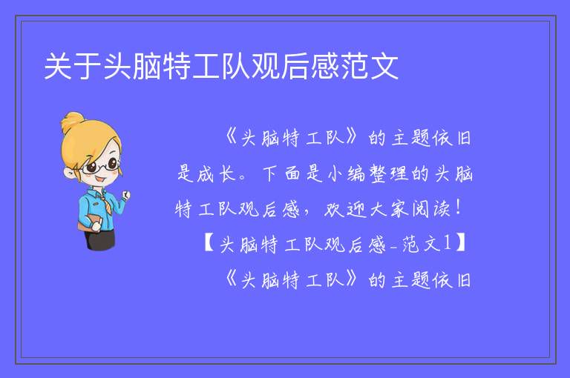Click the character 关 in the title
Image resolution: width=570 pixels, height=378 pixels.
point(57,66)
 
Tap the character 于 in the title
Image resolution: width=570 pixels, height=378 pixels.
point(88,66)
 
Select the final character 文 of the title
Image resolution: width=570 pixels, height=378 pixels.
point(384,66)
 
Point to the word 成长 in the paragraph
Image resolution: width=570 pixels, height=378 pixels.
point(217,174)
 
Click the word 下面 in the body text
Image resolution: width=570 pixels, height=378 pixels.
point(281,173)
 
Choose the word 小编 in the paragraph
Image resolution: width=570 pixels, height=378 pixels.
point(345,173)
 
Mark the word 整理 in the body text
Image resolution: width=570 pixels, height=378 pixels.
point(388,173)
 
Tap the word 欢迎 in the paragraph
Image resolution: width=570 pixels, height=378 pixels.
point(344,210)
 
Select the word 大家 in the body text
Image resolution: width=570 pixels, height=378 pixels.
point(388,210)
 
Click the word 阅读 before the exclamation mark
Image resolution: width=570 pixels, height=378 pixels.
point(431,210)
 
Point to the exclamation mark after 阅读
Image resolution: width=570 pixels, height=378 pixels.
point(459,208)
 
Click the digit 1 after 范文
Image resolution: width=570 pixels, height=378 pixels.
point(447,243)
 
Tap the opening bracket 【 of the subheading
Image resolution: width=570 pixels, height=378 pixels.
point(209,243)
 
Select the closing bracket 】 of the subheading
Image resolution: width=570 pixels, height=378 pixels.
point(461,243)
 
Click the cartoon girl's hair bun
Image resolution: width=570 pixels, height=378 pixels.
point(72,122)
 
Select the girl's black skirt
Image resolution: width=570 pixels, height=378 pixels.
point(99,239)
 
